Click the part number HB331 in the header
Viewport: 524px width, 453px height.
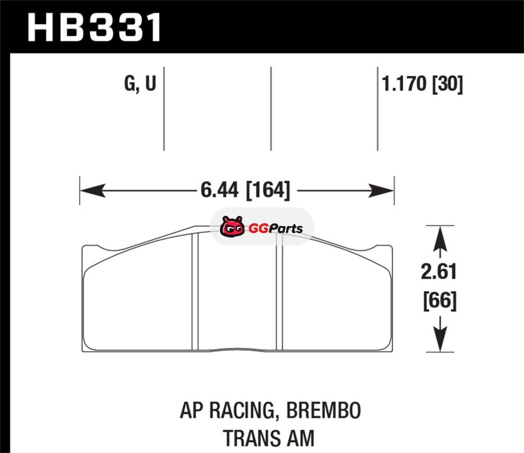coord(94,28)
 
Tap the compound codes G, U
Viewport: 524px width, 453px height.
coord(140,83)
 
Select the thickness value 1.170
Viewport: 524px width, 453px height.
coord(404,83)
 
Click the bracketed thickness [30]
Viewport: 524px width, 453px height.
coord(448,84)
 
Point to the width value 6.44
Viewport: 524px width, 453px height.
coord(219,189)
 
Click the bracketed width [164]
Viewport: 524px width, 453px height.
coord(269,190)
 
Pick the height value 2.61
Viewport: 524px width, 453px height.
coord(439,271)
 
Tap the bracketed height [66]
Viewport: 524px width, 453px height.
coord(440,300)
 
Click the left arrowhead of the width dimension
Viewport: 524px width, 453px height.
coord(93,190)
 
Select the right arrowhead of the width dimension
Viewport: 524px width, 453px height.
coord(381,190)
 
